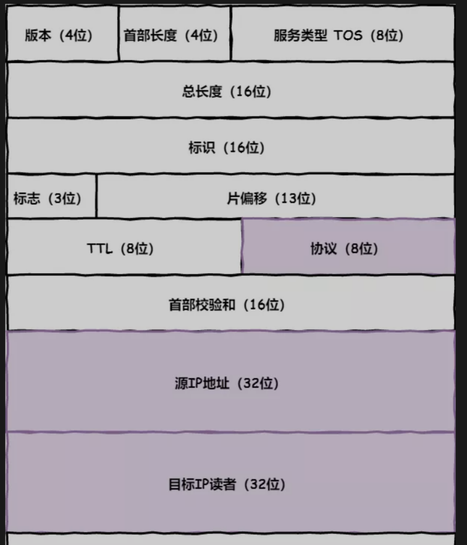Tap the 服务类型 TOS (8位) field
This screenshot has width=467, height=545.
339,35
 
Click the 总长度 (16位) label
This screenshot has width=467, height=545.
227,91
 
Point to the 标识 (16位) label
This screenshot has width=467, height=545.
227,148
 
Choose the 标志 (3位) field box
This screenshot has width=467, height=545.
48,198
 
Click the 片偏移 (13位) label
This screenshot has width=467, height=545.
272,198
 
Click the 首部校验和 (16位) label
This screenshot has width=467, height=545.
227,305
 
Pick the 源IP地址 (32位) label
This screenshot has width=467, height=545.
227,383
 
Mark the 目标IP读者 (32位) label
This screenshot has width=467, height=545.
227,484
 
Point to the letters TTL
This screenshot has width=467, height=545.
100,249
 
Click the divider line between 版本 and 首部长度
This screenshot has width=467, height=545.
118,35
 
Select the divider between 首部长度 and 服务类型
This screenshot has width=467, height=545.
230,35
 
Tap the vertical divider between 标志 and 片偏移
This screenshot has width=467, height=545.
96,196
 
